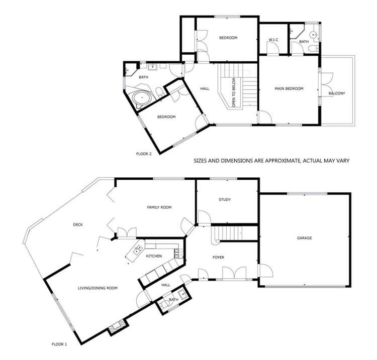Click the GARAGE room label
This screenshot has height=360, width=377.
[304, 237]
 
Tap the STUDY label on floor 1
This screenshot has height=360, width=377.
[225, 200]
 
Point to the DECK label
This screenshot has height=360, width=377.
[77, 224]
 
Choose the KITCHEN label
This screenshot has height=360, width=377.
[154, 256]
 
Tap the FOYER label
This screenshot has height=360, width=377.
[218, 258]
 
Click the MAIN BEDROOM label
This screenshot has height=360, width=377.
[289, 89]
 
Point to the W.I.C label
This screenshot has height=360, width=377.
[273, 39]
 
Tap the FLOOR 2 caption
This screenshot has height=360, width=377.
[144, 154]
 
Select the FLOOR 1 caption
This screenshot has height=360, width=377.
[59, 344]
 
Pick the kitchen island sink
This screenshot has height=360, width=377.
[136, 250]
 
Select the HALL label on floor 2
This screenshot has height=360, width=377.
[205, 89]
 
